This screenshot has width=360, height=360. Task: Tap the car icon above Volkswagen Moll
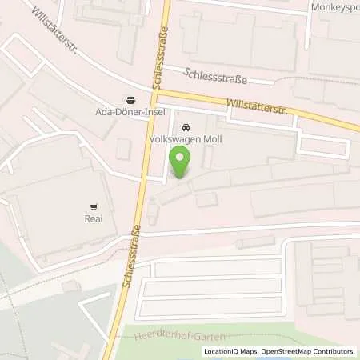click(186, 126)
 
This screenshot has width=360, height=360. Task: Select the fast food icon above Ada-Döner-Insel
click(130, 99)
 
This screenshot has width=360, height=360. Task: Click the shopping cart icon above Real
click(94, 206)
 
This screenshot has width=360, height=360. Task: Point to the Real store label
click(94, 217)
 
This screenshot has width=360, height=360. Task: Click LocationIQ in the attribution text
click(221, 351)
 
